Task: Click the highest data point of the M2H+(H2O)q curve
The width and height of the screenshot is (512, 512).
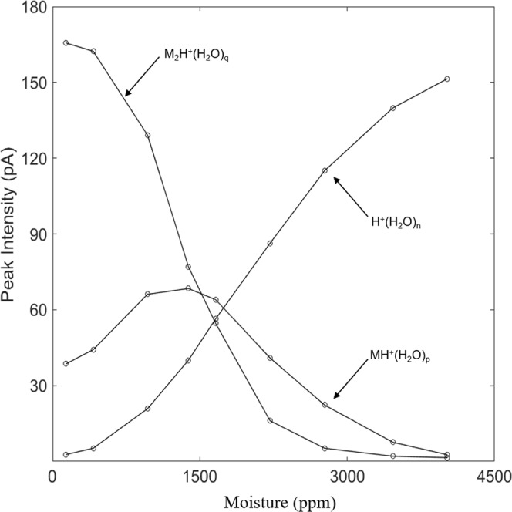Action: pos(66,42)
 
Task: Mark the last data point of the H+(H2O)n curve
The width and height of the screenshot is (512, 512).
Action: pos(447,79)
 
